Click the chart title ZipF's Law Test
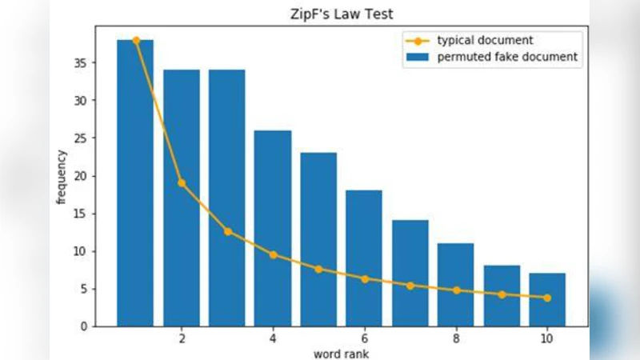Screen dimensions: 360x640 point(341,14)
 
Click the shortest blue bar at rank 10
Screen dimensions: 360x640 point(547,299)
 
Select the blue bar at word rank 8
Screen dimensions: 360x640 point(456,284)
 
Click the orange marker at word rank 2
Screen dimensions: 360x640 point(182,183)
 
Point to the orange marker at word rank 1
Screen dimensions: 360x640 point(136,40)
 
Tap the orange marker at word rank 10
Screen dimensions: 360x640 point(547,298)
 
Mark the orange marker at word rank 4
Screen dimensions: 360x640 point(273,254)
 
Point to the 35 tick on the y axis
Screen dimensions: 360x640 point(82,62)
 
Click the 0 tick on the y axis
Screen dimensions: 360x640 point(85,326)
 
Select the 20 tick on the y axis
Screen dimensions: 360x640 point(82,176)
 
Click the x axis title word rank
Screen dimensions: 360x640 point(341,352)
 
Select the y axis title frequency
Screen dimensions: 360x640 point(62,176)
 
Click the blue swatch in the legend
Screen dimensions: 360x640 point(420,57)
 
